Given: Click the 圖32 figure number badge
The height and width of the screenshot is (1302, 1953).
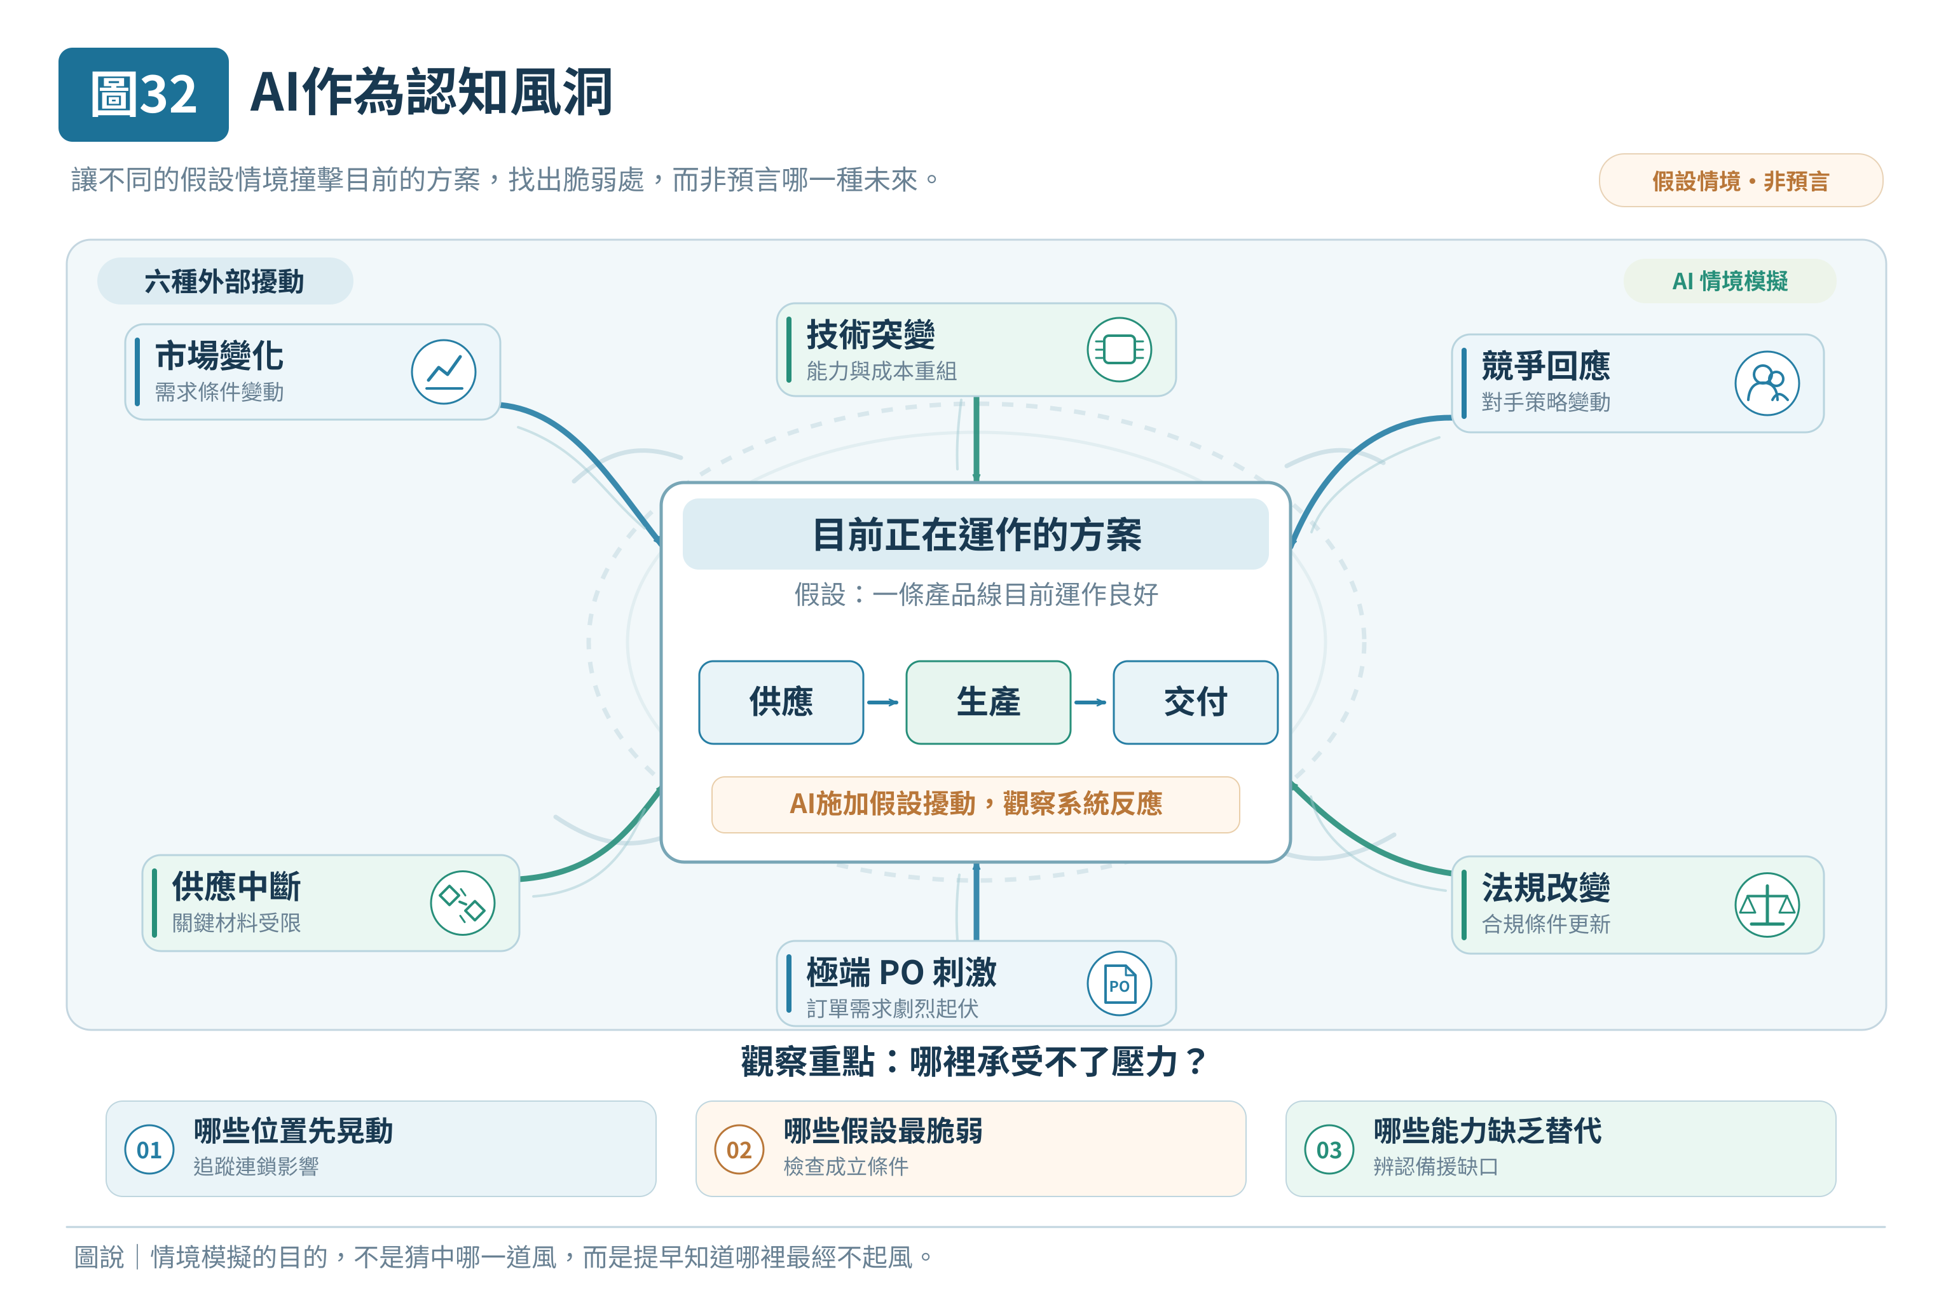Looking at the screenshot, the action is coord(144,94).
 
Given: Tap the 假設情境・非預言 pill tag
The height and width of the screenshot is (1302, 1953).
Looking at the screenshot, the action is coord(1741,180).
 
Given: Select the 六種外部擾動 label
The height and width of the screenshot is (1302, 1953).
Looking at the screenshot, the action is coord(225,280).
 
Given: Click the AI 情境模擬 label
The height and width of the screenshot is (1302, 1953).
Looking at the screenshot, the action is coord(1730,280).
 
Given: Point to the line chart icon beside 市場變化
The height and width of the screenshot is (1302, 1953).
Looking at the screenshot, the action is coord(443,372).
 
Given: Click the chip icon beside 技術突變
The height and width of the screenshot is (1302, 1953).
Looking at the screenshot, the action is coord(1120,350).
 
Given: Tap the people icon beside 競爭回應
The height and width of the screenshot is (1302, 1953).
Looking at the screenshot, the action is coord(1767,383).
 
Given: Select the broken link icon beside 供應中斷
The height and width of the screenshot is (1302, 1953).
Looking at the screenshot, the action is coord(463,903).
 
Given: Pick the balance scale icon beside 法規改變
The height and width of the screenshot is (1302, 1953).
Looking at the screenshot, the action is coord(1767,904).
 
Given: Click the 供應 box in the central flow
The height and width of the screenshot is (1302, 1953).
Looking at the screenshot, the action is coord(781,702).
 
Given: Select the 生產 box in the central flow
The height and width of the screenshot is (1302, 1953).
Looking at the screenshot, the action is coord(988,702).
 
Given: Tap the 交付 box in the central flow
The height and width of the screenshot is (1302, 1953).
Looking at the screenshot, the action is coord(1195,702).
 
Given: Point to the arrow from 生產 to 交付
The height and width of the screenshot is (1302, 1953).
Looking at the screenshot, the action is coord(1090,702).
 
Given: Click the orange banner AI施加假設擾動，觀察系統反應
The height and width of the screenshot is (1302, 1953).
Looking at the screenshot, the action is coord(976,804).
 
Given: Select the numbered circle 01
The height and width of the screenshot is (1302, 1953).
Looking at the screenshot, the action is coord(149,1149).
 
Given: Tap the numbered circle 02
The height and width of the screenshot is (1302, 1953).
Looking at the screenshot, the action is coord(739,1149).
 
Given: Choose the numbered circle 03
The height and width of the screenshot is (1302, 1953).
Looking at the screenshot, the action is coord(1329,1149).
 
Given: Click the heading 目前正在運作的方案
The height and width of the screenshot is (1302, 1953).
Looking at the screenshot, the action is coord(976,535).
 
